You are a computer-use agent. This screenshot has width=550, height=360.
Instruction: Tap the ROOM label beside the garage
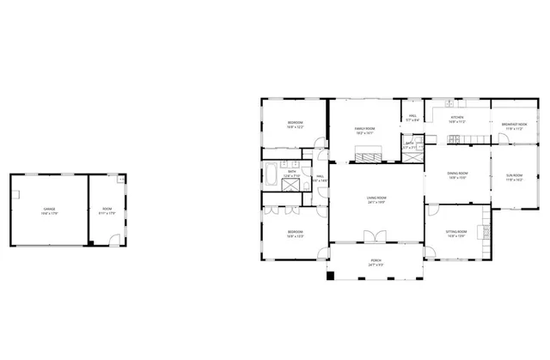pos(107,211)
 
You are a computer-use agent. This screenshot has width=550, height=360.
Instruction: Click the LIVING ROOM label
pos(376,199)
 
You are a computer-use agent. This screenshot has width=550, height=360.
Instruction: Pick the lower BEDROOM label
pos(294,233)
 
